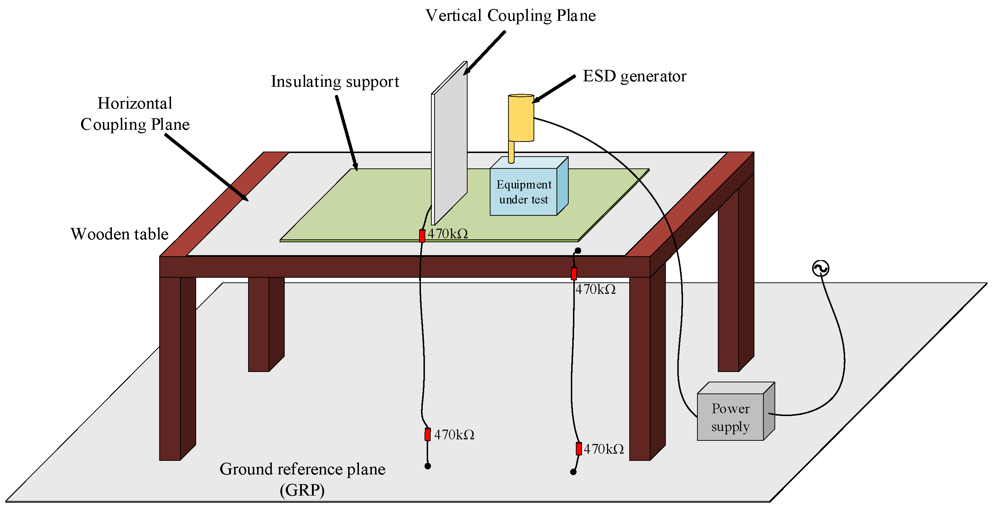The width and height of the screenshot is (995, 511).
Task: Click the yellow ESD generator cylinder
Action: (521, 118)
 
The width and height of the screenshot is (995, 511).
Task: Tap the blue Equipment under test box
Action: (523, 192)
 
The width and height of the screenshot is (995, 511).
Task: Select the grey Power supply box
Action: (730, 417)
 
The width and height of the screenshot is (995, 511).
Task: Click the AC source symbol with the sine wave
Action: (820, 268)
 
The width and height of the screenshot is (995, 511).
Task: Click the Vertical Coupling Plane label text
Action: (510, 15)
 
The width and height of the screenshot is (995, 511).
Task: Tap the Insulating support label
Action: (335, 81)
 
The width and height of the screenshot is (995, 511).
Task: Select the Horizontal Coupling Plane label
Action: (135, 114)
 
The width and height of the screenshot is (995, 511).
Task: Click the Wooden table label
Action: (119, 234)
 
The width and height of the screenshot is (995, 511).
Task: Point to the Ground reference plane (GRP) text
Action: (302, 479)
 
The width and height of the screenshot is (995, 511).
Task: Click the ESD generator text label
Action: (634, 76)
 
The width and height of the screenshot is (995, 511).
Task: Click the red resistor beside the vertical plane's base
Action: (422, 236)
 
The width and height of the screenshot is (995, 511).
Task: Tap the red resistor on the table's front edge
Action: (574, 274)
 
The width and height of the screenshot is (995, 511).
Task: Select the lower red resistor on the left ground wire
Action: (428, 434)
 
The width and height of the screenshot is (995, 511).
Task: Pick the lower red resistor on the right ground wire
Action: (579, 449)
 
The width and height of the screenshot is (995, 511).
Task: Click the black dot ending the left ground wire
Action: (428, 466)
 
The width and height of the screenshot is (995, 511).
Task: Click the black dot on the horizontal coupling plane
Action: (578, 251)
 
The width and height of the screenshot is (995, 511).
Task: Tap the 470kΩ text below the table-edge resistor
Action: (595, 290)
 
